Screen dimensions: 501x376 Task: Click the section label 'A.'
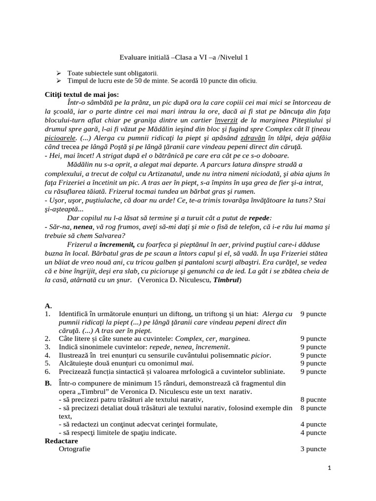48,306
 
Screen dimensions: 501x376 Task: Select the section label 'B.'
48,383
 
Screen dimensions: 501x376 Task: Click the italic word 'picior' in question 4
260,355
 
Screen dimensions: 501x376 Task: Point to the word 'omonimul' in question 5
168,363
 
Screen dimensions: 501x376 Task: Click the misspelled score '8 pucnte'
313,399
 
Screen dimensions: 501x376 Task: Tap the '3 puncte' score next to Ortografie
313,449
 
